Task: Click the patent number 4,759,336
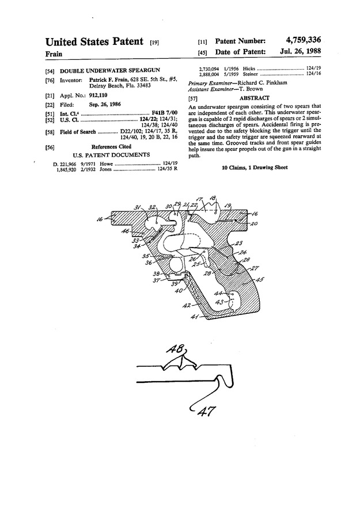[x=300, y=40]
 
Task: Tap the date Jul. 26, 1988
[x=300, y=52]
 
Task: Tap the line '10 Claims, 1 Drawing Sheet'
[x=255, y=168]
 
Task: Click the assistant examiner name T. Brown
[x=252, y=90]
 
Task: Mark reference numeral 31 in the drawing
[x=138, y=208]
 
